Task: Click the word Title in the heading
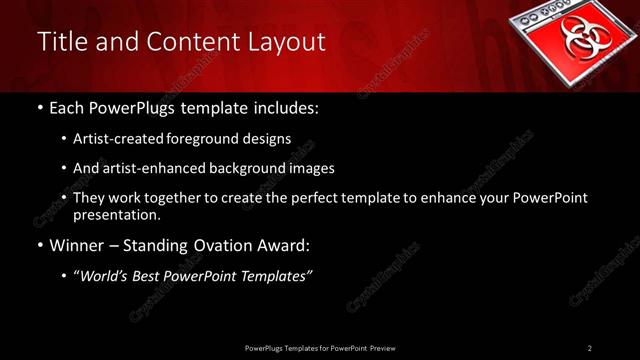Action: tap(62, 42)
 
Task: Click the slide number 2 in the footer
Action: tap(590, 348)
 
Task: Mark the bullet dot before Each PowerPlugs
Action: tap(39, 107)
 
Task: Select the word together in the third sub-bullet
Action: tap(174, 198)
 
